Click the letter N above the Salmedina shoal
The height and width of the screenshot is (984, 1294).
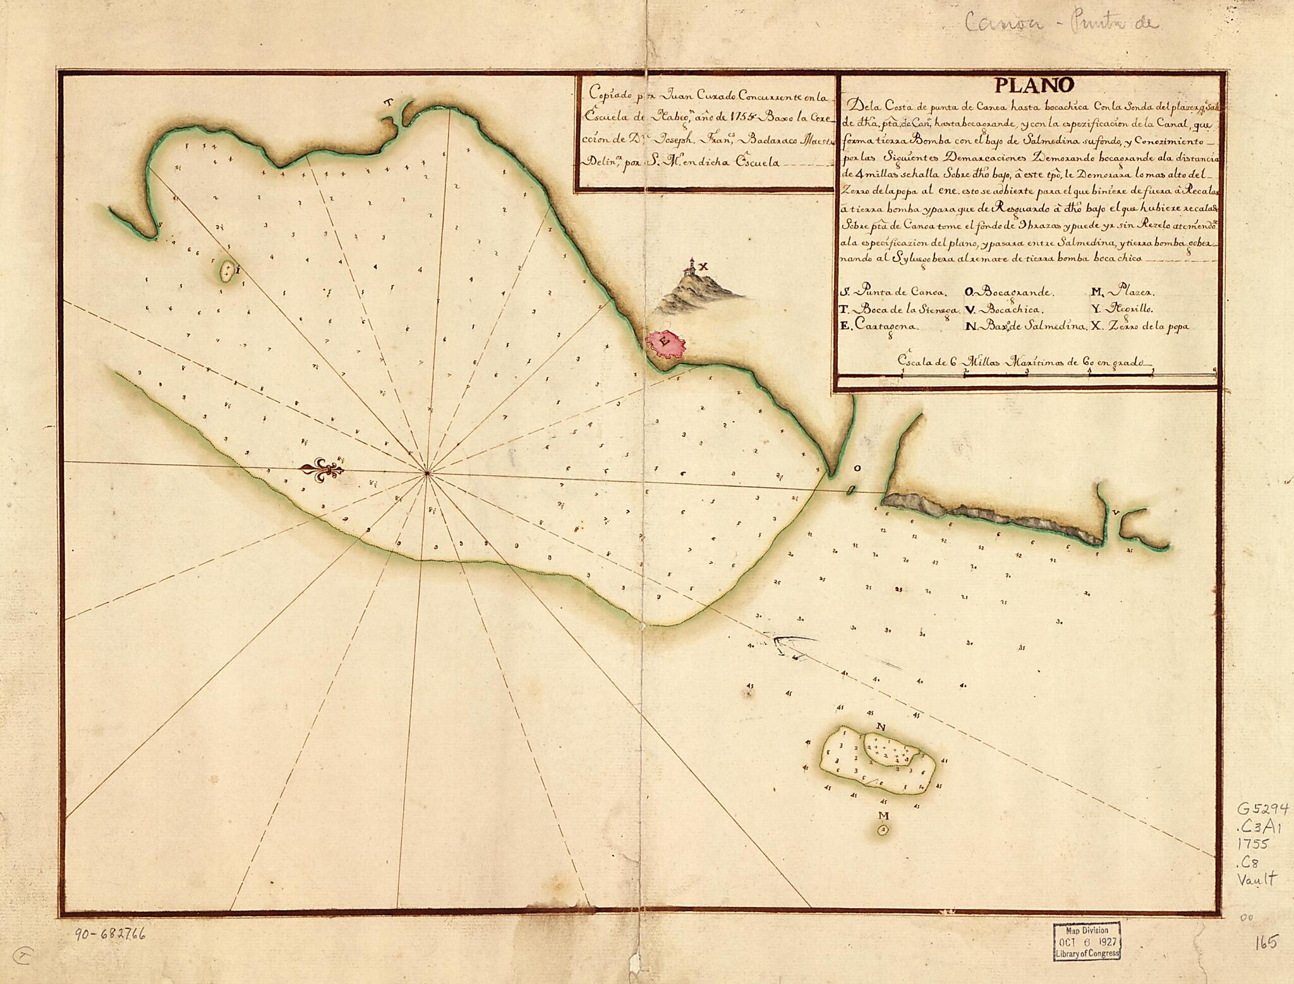(x=880, y=727)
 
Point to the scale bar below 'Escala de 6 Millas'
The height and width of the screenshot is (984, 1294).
(x=1058, y=374)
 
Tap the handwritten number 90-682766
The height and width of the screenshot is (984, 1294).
(x=109, y=934)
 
